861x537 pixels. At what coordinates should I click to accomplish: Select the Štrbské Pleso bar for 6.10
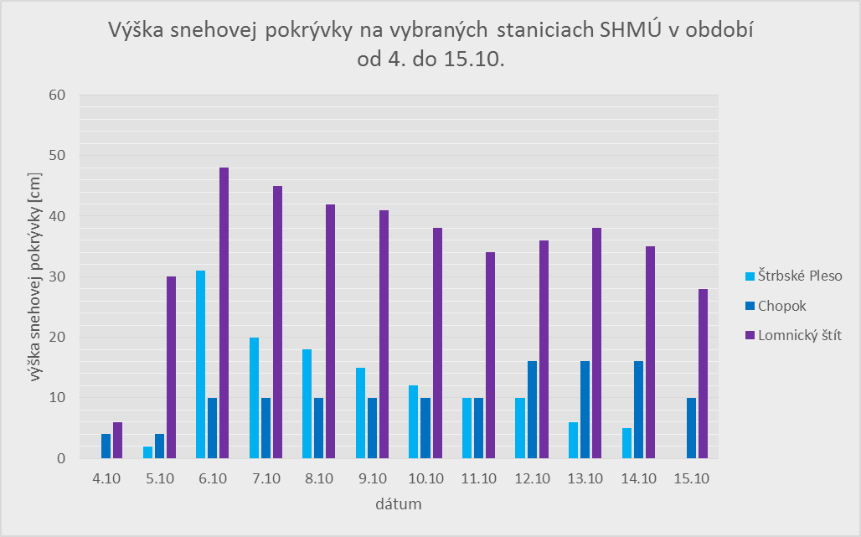pyautogui.click(x=200, y=364)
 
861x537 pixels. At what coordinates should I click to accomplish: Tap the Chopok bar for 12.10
pyautogui.click(x=532, y=410)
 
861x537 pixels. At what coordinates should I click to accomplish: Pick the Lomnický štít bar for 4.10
pyautogui.click(x=117, y=441)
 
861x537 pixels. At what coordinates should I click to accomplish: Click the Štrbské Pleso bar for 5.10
pyautogui.click(x=147, y=452)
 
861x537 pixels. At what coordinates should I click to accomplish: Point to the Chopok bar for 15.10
pyautogui.click(x=692, y=428)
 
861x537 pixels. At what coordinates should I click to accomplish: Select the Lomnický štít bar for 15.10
pyautogui.click(x=704, y=374)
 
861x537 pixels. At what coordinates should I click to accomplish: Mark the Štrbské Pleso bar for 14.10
pyautogui.click(x=626, y=443)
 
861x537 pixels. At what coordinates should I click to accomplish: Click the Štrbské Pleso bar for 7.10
pyautogui.click(x=254, y=398)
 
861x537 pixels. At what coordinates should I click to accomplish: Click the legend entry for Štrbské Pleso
pyautogui.click(x=799, y=276)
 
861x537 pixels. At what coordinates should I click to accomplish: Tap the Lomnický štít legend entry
pyautogui.click(x=799, y=335)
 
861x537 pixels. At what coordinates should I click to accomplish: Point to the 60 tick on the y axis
pyautogui.click(x=57, y=95)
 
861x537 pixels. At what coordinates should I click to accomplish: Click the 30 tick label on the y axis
pyautogui.click(x=57, y=276)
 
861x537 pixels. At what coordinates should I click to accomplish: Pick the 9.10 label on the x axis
pyautogui.click(x=372, y=478)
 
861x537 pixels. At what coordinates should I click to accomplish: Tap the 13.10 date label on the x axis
pyautogui.click(x=585, y=478)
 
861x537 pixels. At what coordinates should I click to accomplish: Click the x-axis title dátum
pyautogui.click(x=398, y=505)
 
